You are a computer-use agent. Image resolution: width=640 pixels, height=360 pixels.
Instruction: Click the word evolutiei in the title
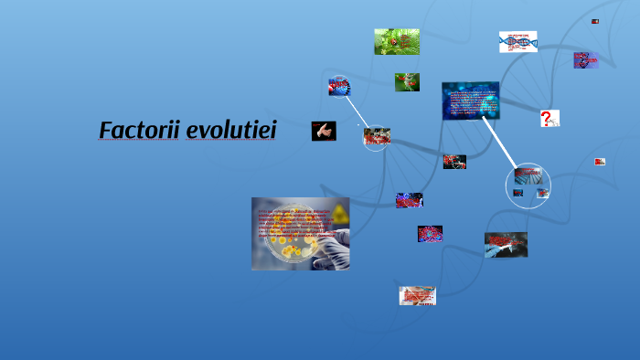(x=230, y=131)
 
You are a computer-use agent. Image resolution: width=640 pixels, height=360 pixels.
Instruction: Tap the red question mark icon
(x=547, y=119)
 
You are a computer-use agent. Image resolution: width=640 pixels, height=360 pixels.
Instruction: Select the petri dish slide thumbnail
(x=300, y=233)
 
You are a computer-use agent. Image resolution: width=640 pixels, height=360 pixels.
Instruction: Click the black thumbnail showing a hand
(x=324, y=131)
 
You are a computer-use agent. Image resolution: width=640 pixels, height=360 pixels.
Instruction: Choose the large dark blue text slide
(x=470, y=101)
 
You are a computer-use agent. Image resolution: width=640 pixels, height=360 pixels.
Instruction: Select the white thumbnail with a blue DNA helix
(x=517, y=42)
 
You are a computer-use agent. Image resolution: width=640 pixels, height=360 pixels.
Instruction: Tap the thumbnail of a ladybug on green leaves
(x=397, y=41)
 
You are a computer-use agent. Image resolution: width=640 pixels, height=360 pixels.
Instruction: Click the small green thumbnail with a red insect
(x=407, y=82)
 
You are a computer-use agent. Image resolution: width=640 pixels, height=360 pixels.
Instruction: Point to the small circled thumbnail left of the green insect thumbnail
(x=339, y=87)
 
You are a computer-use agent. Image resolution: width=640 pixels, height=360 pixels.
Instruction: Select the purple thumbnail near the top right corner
(x=585, y=60)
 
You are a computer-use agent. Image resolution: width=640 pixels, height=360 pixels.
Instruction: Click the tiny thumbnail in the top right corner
(x=595, y=21)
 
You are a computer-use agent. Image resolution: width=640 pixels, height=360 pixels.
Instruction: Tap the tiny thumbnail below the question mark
(x=600, y=162)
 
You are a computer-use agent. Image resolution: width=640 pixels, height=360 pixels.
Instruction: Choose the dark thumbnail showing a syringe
(x=506, y=244)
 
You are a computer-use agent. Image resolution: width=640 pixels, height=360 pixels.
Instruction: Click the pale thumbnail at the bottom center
(x=417, y=295)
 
